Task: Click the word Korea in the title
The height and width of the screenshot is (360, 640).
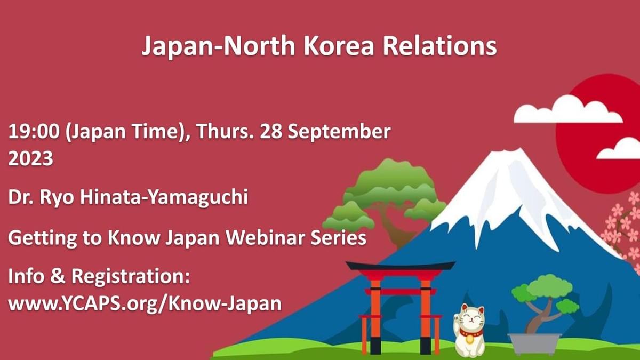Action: [339, 46]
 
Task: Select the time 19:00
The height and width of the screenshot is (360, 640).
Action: [34, 132]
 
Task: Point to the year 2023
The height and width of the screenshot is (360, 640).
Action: [30, 158]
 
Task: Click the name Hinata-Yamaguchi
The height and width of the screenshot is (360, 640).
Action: [164, 198]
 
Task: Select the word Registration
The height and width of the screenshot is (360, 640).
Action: [131, 277]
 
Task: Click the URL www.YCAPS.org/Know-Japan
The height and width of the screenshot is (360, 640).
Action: [145, 303]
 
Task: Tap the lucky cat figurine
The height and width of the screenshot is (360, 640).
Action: [469, 330]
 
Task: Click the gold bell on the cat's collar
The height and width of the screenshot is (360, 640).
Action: [469, 339]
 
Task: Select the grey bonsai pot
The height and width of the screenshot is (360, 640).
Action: [534, 343]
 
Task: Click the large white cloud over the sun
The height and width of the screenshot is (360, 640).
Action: [568, 110]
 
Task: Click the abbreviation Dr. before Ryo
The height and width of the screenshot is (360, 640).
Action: [21, 197]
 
